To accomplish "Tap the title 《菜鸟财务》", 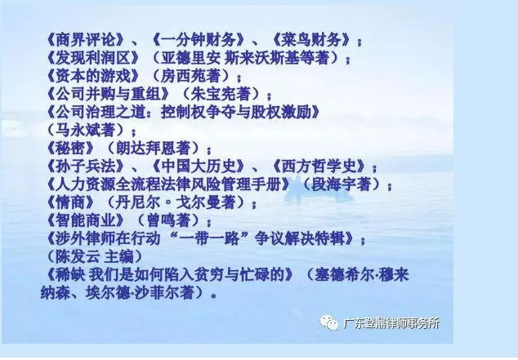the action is [311, 40].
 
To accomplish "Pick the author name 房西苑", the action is [190, 76].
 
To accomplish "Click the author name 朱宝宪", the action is [221, 94].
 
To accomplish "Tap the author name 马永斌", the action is [85, 130].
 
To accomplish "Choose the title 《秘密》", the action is [71, 148].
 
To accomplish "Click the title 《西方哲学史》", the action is [319, 166].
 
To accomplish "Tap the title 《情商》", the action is [71, 202].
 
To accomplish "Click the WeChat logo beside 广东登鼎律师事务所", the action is [329, 322].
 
